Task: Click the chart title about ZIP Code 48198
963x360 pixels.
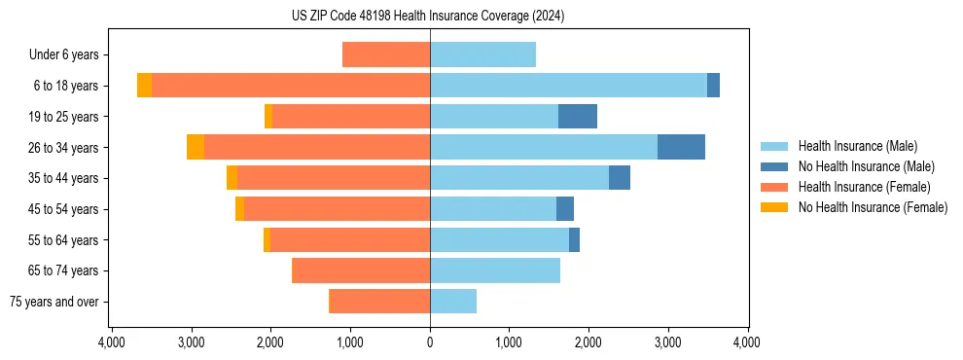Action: coord(428,16)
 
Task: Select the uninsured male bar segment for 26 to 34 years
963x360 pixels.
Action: coord(681,147)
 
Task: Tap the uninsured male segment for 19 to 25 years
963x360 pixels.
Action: coord(578,117)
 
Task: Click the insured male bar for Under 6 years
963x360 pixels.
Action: coord(482,54)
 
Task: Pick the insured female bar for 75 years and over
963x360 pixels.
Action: coord(380,302)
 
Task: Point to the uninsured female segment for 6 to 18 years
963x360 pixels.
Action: coord(144,86)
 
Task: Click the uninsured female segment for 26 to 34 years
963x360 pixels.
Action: coord(196,147)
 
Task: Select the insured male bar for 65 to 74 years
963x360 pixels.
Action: coord(495,270)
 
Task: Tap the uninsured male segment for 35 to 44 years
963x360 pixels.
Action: coord(620,178)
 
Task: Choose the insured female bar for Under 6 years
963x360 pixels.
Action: coord(386,54)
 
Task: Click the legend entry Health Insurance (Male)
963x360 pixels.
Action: coord(857,146)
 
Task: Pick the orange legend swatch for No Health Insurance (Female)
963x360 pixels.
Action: coord(774,207)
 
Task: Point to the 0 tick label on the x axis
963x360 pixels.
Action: coord(430,342)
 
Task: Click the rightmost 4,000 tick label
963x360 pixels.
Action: coord(747,342)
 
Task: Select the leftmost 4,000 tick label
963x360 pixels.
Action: coord(112,342)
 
